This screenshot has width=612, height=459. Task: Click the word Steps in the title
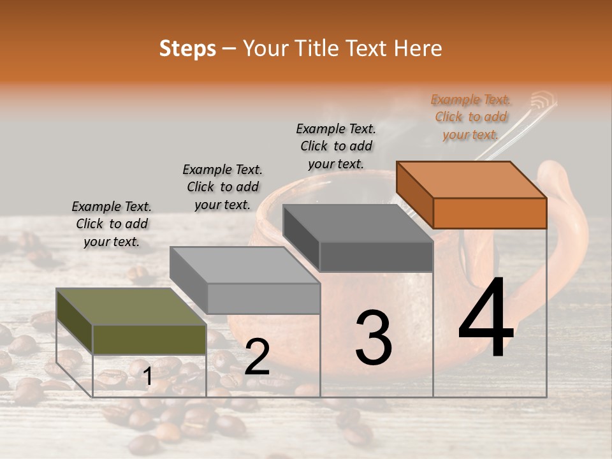click(187, 48)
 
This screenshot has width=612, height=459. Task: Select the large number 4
click(486, 319)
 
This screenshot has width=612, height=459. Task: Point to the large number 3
click(373, 338)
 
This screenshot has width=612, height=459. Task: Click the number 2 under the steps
click(257, 358)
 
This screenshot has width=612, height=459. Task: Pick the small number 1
click(148, 377)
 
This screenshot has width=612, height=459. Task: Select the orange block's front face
click(490, 213)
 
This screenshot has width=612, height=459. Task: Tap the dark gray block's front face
click(376, 256)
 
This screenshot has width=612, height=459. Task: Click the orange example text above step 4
click(471, 117)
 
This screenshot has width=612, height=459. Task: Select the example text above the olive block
click(112, 224)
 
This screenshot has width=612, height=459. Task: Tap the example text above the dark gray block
click(336, 146)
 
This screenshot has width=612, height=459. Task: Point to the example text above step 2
click(222, 187)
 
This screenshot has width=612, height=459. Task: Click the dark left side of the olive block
click(75, 319)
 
